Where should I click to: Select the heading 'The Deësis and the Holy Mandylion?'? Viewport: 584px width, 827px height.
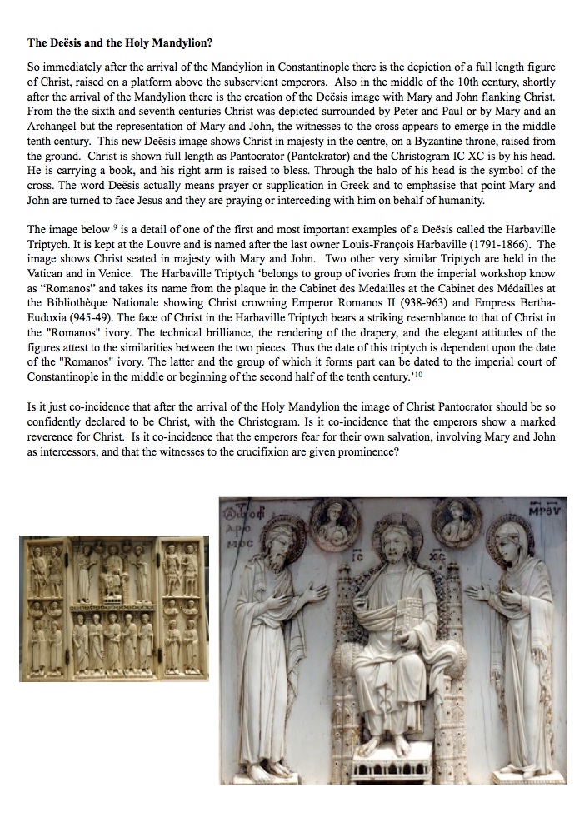coord(122,42)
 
